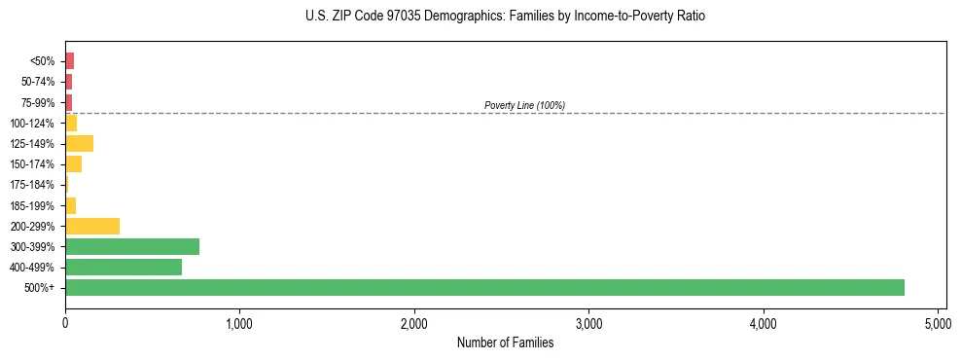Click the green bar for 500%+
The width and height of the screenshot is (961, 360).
[484, 287]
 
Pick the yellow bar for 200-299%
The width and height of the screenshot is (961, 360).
[92, 226]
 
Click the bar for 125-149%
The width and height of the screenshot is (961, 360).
[79, 144]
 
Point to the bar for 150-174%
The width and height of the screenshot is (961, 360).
[73, 164]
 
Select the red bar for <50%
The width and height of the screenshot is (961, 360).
[69, 61]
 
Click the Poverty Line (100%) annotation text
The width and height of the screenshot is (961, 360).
[524, 105]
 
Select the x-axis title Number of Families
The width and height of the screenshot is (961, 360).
[505, 342]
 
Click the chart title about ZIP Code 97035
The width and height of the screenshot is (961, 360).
[505, 17]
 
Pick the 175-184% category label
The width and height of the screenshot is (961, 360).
[32, 185]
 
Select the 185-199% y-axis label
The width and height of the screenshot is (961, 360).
[32, 205]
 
